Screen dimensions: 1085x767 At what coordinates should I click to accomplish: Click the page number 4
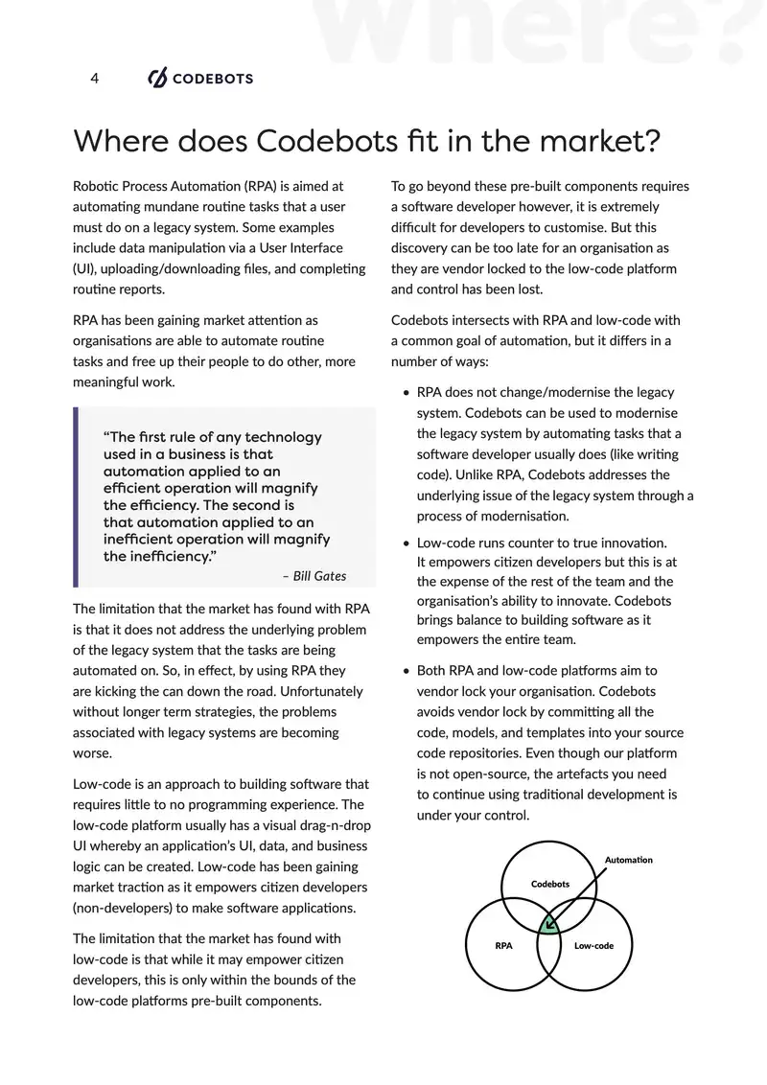click(94, 79)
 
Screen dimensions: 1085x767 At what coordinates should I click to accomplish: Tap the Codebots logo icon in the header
click(157, 79)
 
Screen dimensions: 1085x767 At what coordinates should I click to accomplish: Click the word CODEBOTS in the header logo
click(212, 79)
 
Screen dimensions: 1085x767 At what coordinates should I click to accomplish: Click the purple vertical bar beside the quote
click(76, 496)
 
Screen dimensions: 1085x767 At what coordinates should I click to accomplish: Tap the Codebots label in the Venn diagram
click(550, 883)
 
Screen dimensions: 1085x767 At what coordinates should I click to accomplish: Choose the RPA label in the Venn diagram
click(503, 946)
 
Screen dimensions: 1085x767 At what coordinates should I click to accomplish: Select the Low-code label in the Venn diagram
click(593, 946)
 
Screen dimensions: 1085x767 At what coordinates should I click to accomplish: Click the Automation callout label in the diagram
click(628, 860)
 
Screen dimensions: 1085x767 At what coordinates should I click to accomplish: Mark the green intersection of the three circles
click(548, 925)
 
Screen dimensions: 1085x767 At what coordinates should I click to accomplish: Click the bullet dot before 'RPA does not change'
click(407, 393)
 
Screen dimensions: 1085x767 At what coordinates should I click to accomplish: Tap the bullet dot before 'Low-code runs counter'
click(407, 543)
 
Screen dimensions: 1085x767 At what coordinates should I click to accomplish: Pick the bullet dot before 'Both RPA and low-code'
click(407, 671)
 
